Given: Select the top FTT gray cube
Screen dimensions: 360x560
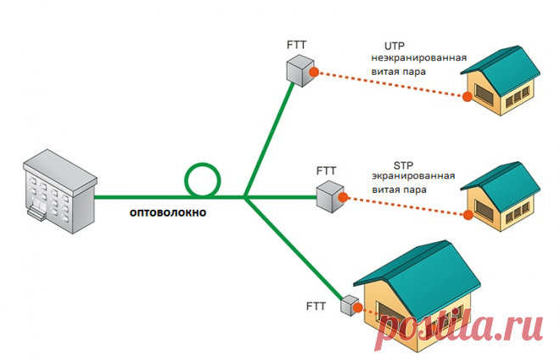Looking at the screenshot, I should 299,70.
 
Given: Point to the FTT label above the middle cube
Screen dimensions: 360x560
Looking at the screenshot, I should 327,171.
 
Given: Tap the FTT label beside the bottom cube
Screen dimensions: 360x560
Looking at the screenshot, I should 315,303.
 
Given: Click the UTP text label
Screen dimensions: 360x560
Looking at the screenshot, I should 395,45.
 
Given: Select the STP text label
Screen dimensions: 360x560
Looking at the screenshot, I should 403,164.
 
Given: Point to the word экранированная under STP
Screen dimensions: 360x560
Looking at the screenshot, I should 413,177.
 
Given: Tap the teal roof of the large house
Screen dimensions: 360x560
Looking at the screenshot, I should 416,267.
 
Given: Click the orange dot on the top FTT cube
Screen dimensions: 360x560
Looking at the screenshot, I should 314,73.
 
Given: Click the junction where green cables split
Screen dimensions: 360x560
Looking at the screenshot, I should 244,198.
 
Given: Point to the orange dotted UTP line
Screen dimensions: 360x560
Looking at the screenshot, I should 390,86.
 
